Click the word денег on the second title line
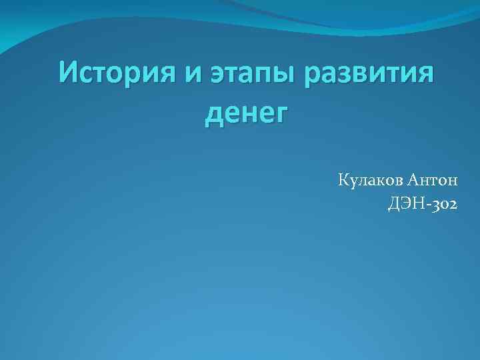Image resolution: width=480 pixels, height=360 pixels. tap(245, 114)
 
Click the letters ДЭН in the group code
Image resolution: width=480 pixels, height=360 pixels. tap(405, 205)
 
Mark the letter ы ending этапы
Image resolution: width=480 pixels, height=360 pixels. tap(285, 76)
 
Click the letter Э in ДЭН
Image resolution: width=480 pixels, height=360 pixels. tap(405, 205)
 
